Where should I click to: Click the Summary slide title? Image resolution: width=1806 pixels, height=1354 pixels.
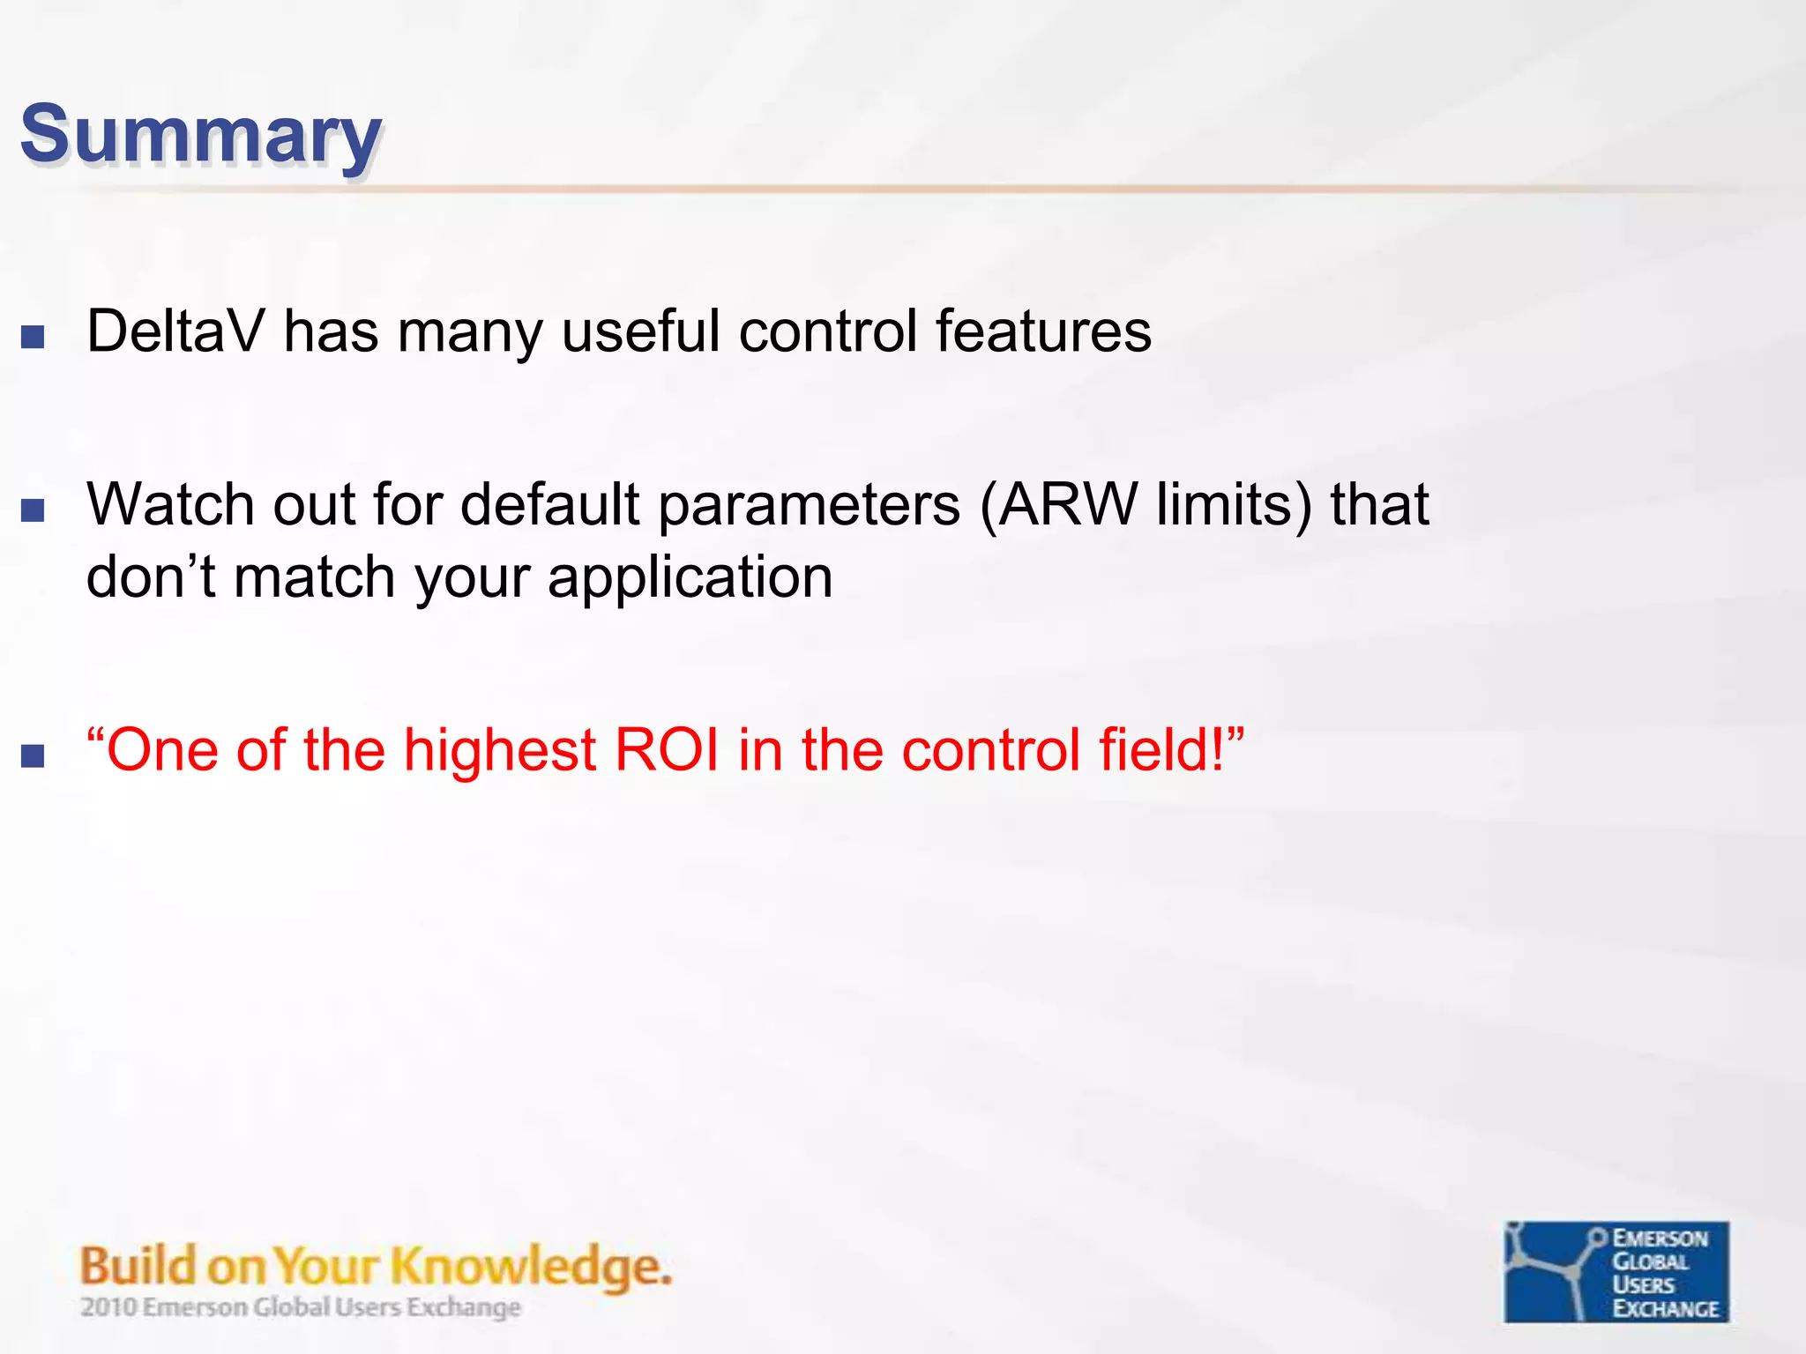[201, 134]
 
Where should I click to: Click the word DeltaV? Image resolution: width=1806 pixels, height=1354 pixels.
[175, 331]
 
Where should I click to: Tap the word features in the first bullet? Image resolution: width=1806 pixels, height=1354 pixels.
[1042, 331]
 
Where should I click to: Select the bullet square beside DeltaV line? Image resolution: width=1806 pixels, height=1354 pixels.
[33, 337]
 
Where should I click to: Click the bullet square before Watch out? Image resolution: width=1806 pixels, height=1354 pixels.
[33, 510]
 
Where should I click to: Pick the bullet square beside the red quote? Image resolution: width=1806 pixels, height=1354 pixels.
[33, 755]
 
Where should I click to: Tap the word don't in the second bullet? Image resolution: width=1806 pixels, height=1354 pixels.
[151, 577]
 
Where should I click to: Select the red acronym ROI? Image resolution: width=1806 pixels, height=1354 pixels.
[667, 750]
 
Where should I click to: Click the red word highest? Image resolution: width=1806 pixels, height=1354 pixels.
[500, 750]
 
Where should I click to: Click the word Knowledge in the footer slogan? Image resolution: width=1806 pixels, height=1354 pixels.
[530, 1268]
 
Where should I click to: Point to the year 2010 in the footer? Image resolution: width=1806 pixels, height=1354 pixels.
[108, 1306]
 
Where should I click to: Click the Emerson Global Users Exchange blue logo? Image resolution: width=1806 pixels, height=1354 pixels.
[1616, 1271]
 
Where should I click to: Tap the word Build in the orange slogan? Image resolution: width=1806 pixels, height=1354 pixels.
[138, 1266]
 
